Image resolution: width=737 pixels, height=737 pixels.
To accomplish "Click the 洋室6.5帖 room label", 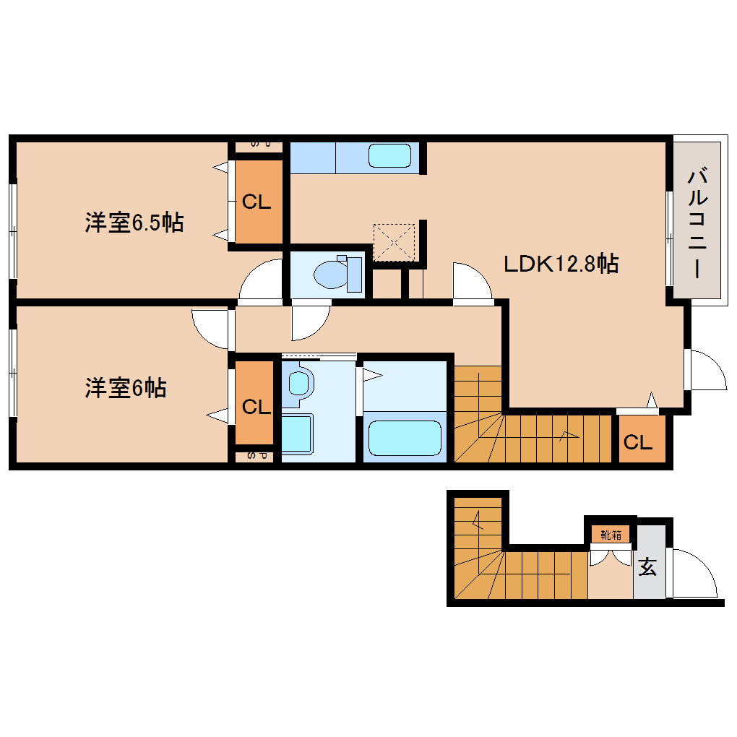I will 134,222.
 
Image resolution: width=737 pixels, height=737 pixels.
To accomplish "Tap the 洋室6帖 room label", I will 126,388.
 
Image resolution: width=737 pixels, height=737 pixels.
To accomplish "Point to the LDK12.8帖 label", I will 560,264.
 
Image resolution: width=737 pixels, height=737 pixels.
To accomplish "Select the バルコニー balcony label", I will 697,223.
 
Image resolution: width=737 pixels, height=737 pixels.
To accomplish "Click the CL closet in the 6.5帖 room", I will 257,202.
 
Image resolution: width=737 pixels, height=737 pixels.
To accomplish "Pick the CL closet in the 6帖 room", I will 255,407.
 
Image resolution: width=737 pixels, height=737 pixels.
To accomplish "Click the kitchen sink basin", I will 389,155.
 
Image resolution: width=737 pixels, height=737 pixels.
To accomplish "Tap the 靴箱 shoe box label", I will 611,535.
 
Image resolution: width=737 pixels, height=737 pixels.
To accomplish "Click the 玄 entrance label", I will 647,568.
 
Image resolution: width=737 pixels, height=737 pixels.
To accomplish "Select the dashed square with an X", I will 394,242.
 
